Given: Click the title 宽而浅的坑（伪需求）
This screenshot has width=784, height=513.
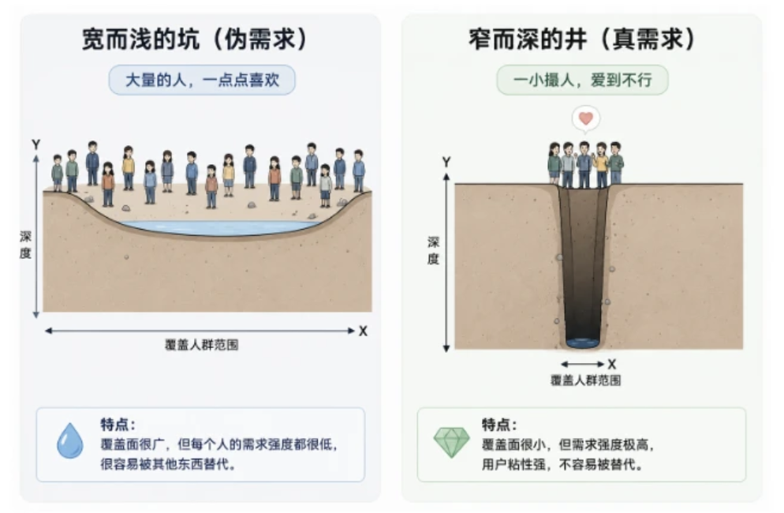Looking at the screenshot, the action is pos(195,39).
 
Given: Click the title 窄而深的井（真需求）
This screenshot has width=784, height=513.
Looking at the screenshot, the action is pos(582,39).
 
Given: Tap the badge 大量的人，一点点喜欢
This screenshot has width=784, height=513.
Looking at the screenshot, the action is pos(202,80).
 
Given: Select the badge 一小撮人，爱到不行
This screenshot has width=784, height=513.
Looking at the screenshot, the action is pos(583,80).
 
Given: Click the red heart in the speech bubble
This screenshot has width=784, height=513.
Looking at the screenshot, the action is pos(586,118).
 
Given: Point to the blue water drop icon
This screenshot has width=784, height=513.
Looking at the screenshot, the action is pos(70,440).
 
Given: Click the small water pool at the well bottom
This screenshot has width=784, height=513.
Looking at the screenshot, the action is pos(583,343).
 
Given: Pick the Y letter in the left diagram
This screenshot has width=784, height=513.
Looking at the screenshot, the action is pos(36,144).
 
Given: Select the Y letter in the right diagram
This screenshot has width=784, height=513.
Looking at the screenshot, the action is pos(446,162).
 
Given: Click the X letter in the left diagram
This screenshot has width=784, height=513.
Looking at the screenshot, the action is pos(364,331).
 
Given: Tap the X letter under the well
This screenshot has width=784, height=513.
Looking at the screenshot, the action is pos(612,364).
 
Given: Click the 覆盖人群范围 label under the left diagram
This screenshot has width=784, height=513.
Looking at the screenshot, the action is pos(201,345).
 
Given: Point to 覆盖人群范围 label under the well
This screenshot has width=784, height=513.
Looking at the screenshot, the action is pos(585,380).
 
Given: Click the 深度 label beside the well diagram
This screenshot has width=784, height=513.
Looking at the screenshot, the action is pos(434,251).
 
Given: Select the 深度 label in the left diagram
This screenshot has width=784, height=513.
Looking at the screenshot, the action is pos(25,245).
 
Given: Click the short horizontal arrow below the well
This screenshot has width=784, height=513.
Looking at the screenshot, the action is pos(583,364).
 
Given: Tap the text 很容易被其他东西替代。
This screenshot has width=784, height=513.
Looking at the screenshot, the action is pos(168,464).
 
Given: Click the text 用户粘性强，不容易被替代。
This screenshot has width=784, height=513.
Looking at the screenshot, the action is pos(562,464).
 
